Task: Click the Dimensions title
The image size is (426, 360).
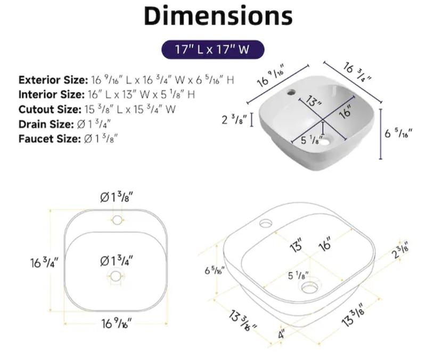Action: click(218, 16)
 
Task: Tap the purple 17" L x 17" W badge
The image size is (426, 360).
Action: click(212, 50)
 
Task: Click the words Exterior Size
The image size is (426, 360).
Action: click(53, 80)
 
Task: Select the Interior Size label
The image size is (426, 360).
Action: click(52, 95)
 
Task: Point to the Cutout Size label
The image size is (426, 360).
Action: click(50, 109)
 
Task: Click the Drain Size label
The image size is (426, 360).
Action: click(46, 124)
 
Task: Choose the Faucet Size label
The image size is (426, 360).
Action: click(50, 139)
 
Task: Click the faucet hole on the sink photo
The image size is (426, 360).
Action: click(291, 93)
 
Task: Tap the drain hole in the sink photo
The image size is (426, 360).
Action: click(327, 141)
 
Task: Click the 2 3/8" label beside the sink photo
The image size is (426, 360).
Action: click(234, 119)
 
